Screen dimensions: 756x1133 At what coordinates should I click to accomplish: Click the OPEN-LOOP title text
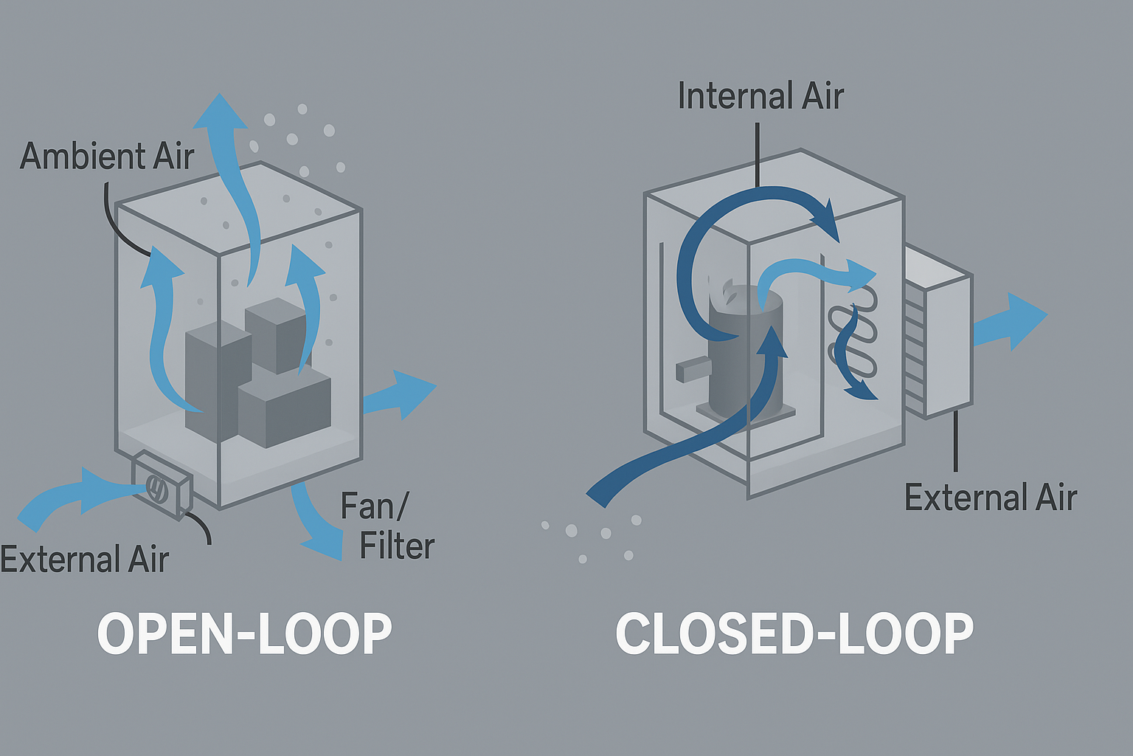pyautogui.click(x=244, y=633)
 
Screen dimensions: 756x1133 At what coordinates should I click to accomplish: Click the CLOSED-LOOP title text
pyautogui.click(x=794, y=633)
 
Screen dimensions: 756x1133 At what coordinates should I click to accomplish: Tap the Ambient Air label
pyautogui.click(x=106, y=157)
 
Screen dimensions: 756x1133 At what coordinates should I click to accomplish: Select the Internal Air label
pyautogui.click(x=760, y=97)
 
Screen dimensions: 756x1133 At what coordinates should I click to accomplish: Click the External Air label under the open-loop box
pyautogui.click(x=85, y=559)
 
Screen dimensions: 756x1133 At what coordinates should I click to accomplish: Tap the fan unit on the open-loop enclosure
pyautogui.click(x=161, y=486)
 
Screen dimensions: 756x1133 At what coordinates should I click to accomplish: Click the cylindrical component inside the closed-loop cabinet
pyautogui.click(x=741, y=354)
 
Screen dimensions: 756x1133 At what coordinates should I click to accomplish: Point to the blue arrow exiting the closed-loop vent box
pyautogui.click(x=1011, y=322)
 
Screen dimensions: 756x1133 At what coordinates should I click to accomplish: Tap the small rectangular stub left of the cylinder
pyautogui.click(x=692, y=370)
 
